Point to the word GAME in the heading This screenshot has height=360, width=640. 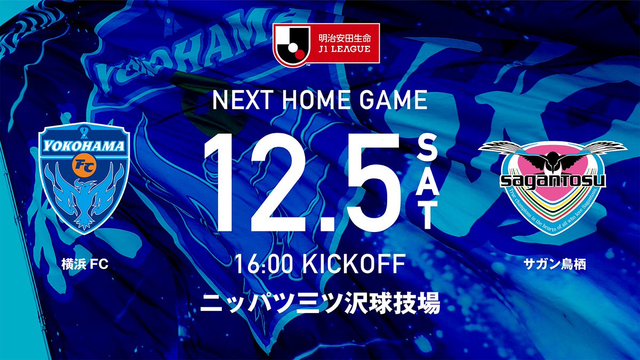coord(395,101)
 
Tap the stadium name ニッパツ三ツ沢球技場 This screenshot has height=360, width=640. coord(320,304)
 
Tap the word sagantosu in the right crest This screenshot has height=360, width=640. coord(554,181)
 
